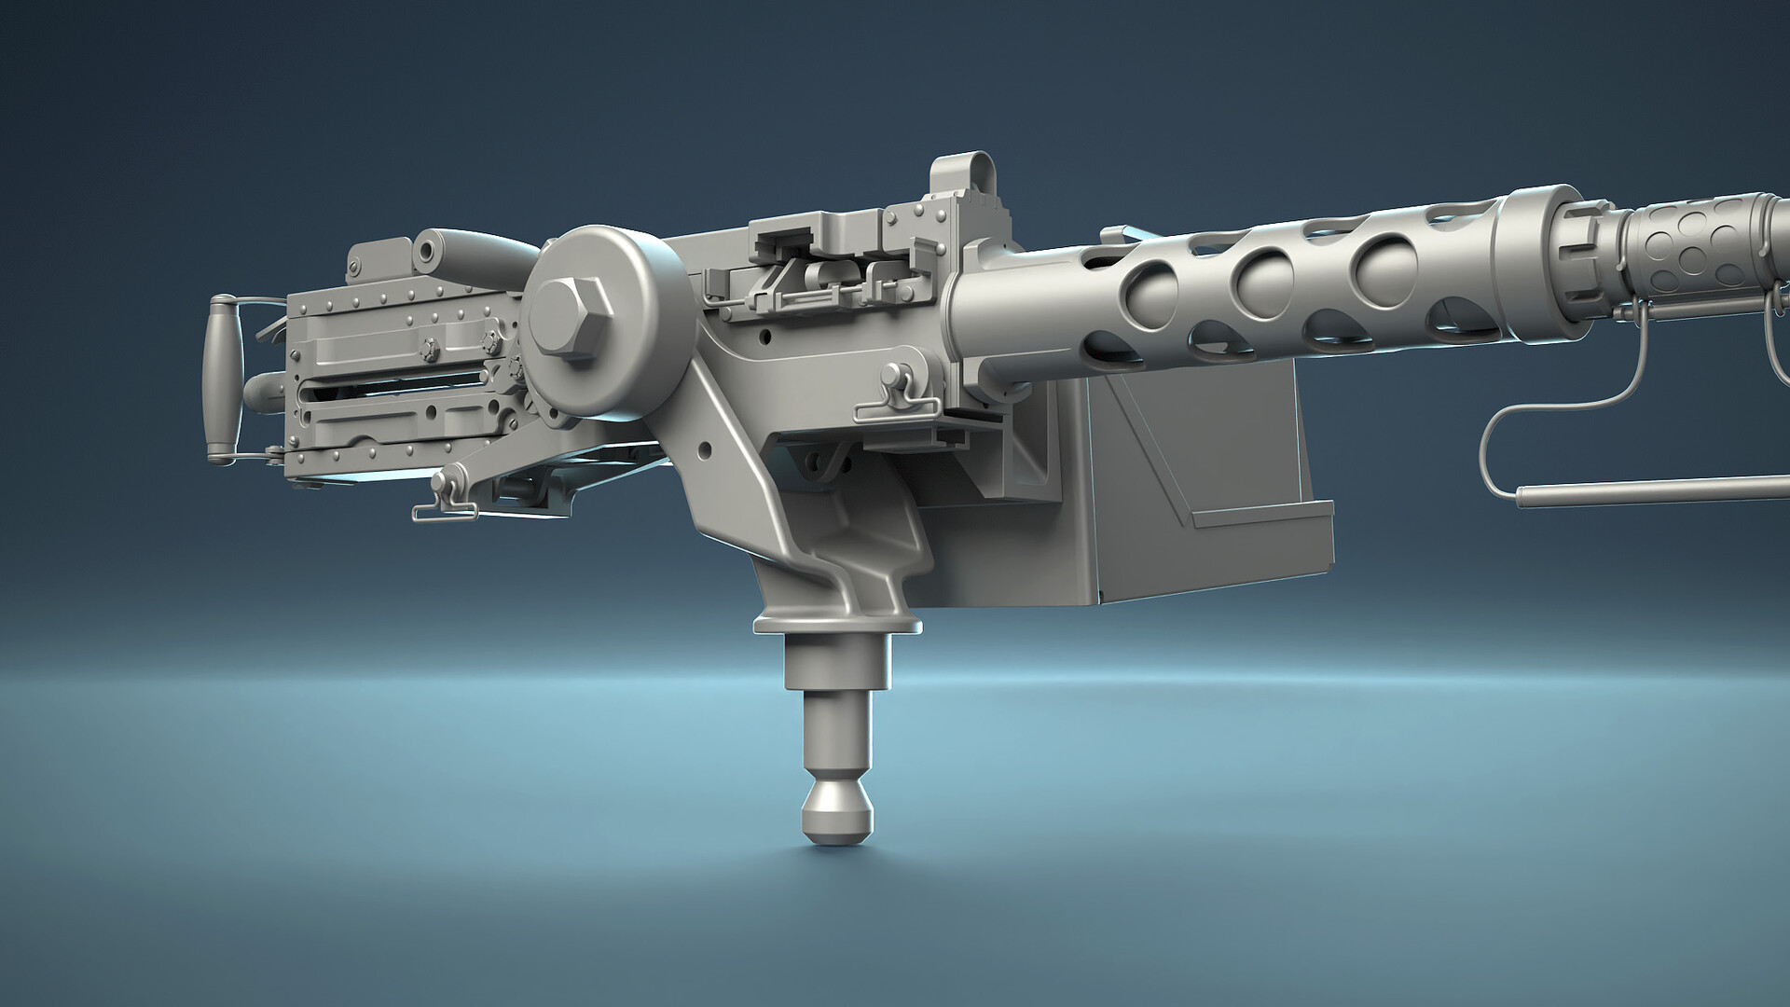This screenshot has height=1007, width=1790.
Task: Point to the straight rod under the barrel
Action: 1650,490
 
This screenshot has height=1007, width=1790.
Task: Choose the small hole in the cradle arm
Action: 704,451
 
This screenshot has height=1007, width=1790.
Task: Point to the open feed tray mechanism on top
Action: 820,270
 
